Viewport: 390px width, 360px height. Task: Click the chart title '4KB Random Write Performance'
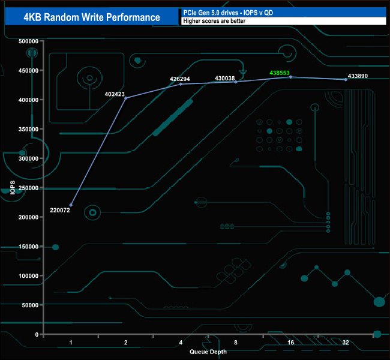91,17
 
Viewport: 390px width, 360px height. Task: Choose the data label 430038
224,78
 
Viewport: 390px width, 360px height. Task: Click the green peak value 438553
280,73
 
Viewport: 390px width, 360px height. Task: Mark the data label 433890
358,76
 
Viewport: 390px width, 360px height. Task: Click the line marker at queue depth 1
71,205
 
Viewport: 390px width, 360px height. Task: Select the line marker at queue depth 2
126,98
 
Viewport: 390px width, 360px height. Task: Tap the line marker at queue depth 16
291,77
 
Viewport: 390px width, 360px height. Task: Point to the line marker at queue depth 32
346,80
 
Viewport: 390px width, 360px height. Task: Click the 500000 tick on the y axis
29,41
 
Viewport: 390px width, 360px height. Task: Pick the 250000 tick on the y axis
29,188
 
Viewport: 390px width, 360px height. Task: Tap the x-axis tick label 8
236,343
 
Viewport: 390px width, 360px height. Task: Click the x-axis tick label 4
181,343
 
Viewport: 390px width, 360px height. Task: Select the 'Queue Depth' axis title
208,352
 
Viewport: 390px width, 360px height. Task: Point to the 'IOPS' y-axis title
13,187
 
